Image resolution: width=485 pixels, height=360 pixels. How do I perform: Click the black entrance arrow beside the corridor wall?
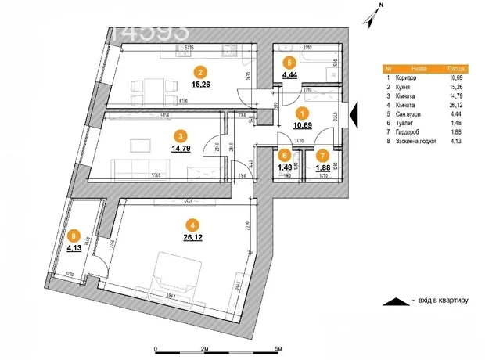pyautogui.click(x=354, y=115)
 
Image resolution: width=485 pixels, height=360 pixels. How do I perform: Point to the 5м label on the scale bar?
pyautogui.click(x=278, y=348)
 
